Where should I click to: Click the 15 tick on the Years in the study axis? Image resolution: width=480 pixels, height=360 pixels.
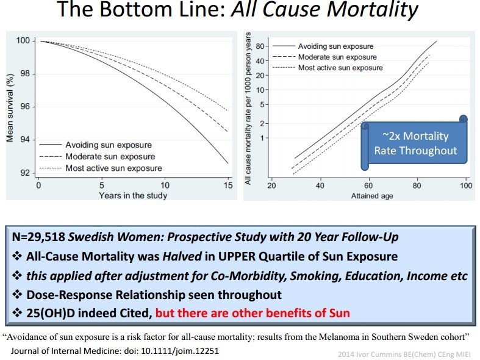point(227,185)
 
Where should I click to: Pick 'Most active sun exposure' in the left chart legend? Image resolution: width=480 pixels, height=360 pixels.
point(115,168)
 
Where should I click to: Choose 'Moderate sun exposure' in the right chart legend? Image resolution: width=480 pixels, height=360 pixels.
point(337,57)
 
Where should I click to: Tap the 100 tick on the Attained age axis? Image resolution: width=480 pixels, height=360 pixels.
point(465,185)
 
